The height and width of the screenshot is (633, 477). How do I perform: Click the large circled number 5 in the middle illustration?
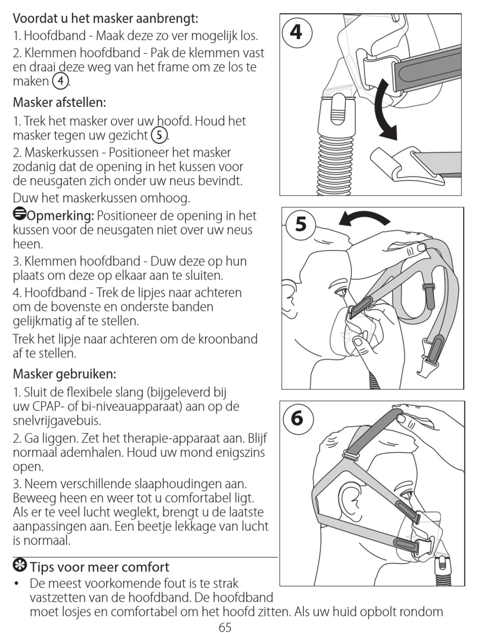click(300, 224)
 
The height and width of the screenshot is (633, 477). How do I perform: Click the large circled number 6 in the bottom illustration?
click(297, 418)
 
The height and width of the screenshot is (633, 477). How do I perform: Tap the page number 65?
click(225, 627)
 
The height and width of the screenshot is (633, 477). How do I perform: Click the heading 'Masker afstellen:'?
click(59, 102)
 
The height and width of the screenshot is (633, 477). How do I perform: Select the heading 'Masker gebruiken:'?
click(64, 373)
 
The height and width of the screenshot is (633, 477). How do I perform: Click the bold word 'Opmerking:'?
click(61, 216)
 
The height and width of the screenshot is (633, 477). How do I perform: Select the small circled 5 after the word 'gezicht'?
click(160, 135)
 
